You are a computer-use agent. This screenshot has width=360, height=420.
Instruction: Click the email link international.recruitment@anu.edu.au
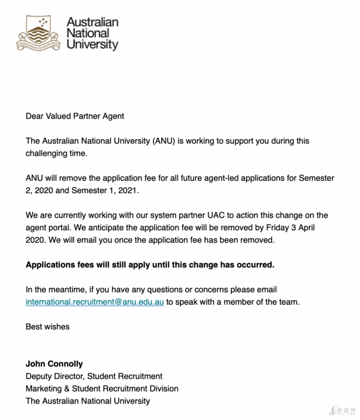coord(95,302)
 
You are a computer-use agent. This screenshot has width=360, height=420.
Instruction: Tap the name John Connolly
coord(54,363)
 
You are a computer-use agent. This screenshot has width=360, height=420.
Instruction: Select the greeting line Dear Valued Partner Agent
coord(75,116)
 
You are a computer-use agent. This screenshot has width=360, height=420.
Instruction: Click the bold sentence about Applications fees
coord(150,265)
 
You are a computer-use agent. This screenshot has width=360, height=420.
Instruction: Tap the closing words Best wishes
coord(48,327)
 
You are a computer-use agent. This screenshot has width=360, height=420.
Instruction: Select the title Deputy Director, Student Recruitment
coord(94,376)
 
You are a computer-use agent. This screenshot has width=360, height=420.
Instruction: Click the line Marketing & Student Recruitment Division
coord(102,388)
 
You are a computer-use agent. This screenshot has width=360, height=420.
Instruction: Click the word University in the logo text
coord(93,45)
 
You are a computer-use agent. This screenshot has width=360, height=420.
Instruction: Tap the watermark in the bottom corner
coord(343,410)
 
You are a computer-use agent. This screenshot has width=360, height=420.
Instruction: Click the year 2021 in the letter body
coord(127,190)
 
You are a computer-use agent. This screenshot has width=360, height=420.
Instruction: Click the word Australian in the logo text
coord(93,22)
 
